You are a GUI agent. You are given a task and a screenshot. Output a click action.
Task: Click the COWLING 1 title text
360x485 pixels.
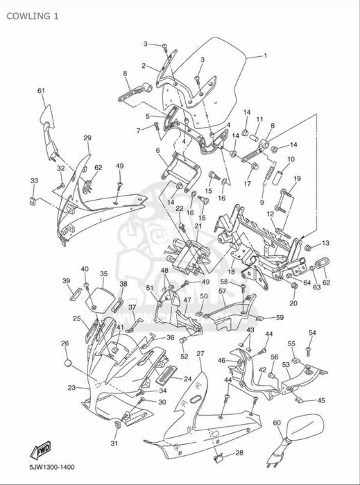coord(32,16)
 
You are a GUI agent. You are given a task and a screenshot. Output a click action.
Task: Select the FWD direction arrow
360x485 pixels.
coord(40,450)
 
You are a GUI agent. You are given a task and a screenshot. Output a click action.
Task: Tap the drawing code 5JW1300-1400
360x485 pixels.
coord(52,467)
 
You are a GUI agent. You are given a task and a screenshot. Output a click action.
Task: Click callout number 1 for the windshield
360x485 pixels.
coord(265,56)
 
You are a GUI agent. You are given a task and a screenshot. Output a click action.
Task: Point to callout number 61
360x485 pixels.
coord(41,91)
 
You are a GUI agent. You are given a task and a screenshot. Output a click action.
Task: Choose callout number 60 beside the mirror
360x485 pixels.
coord(277,423)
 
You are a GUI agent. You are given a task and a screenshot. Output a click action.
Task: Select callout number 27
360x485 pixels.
coord(200,354)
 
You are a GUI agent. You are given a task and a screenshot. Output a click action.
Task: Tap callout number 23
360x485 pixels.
coord(71,387)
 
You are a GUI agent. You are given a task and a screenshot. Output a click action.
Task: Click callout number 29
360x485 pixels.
coord(87,138)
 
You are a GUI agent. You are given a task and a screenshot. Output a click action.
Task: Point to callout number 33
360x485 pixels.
coord(34,180)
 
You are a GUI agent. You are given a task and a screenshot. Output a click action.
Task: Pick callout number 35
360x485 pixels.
coord(103,273)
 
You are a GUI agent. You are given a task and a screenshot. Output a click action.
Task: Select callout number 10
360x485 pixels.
coord(291,160)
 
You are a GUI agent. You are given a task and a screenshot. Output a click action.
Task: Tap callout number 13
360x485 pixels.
coord(326,243)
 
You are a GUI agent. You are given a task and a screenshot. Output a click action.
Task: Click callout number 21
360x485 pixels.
coord(198,226)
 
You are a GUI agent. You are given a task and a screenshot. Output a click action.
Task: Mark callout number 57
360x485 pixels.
coord(223,291)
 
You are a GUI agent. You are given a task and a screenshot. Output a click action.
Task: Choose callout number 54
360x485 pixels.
coord(312,332)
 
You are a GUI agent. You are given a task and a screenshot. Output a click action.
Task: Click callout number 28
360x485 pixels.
coord(239,453)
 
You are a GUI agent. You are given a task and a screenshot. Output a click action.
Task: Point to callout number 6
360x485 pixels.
coord(157,151)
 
